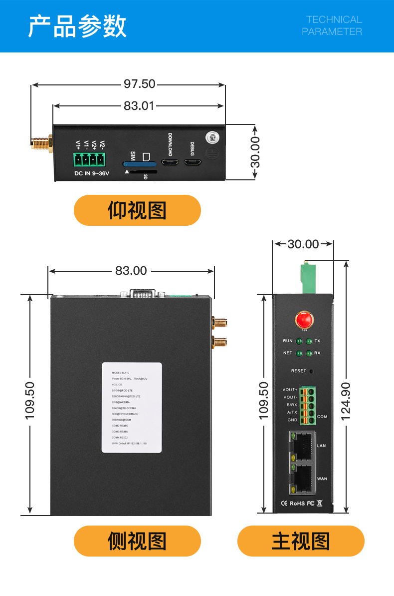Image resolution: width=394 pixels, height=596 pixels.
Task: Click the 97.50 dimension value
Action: coord(140,84)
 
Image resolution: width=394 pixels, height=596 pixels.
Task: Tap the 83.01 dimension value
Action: coord(139,106)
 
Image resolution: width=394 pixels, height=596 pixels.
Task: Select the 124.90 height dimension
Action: coord(346,401)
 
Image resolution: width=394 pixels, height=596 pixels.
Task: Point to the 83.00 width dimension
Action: coord(131,271)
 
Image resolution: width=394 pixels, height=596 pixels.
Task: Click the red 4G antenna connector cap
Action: coord(303,319)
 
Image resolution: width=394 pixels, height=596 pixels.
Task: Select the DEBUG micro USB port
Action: coord(193,163)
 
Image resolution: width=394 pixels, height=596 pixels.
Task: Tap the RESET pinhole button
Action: coord(311,372)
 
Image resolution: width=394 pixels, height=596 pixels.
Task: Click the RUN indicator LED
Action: coord(299,342)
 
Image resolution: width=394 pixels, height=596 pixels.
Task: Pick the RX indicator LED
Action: coord(309,354)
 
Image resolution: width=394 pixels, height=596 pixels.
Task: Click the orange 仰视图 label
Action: coord(137,210)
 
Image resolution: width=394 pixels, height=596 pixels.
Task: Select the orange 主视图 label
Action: coord(301,541)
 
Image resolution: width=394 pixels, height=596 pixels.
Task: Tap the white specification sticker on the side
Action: coord(132,408)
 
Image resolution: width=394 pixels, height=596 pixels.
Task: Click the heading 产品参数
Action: coord(77,26)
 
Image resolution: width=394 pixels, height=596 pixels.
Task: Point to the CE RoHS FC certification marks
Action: coord(302,503)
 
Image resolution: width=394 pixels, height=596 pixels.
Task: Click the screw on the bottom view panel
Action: coord(212,136)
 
